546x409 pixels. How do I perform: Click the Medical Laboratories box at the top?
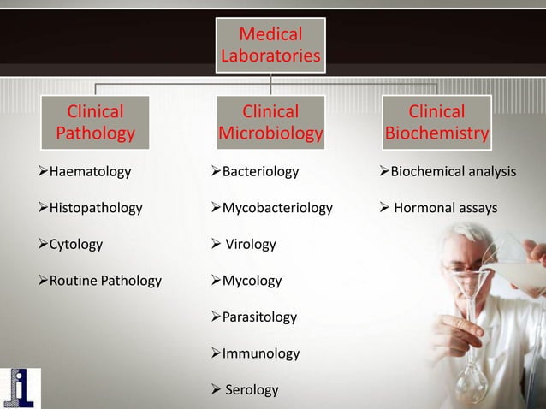click(x=270, y=46)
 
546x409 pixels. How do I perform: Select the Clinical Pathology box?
click(x=96, y=122)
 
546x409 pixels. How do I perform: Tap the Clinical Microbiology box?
click(x=270, y=122)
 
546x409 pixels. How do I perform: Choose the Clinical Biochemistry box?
click(x=436, y=122)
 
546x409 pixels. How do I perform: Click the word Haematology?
click(x=90, y=172)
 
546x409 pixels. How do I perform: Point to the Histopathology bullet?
click(x=96, y=208)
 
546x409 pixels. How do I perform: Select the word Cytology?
click(x=75, y=244)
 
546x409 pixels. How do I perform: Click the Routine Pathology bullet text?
click(x=105, y=281)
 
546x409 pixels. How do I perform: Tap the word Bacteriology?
click(x=260, y=172)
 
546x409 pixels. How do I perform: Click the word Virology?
click(x=250, y=245)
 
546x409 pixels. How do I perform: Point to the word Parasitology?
click(x=259, y=317)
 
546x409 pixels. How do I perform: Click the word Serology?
click(x=252, y=390)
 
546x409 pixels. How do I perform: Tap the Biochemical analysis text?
click(x=453, y=172)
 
